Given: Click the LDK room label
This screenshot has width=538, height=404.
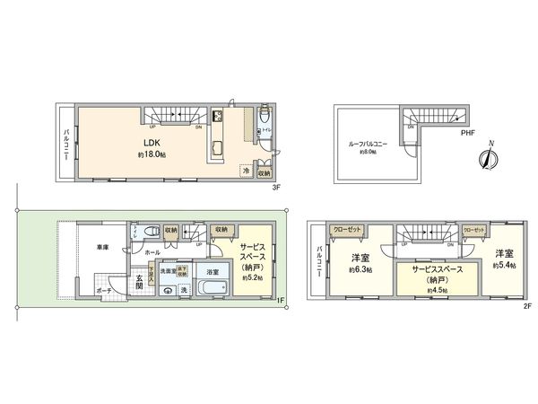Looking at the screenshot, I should [x=151, y=142].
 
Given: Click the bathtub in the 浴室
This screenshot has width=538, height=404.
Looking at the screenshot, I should [x=212, y=289].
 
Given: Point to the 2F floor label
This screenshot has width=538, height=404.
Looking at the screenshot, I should [x=528, y=305].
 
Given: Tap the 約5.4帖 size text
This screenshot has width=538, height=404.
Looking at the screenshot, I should [x=501, y=266].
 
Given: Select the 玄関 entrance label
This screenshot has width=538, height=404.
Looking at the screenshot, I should [x=140, y=282].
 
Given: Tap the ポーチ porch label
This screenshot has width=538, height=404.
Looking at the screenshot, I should [x=104, y=290].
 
